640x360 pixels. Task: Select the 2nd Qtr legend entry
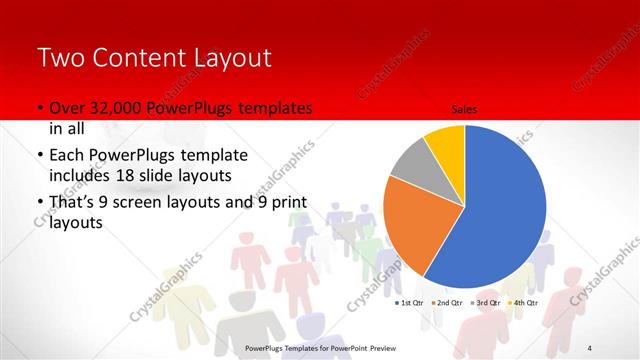click(x=446, y=302)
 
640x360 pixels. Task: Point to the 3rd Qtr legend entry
click(x=486, y=302)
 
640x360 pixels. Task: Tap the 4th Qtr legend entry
click(x=524, y=302)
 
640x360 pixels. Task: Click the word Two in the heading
click(x=62, y=57)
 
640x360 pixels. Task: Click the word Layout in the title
click(x=237, y=57)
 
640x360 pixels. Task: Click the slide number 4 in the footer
click(x=591, y=347)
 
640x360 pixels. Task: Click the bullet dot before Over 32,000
click(x=39, y=108)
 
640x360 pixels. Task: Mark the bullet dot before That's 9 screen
click(x=39, y=204)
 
